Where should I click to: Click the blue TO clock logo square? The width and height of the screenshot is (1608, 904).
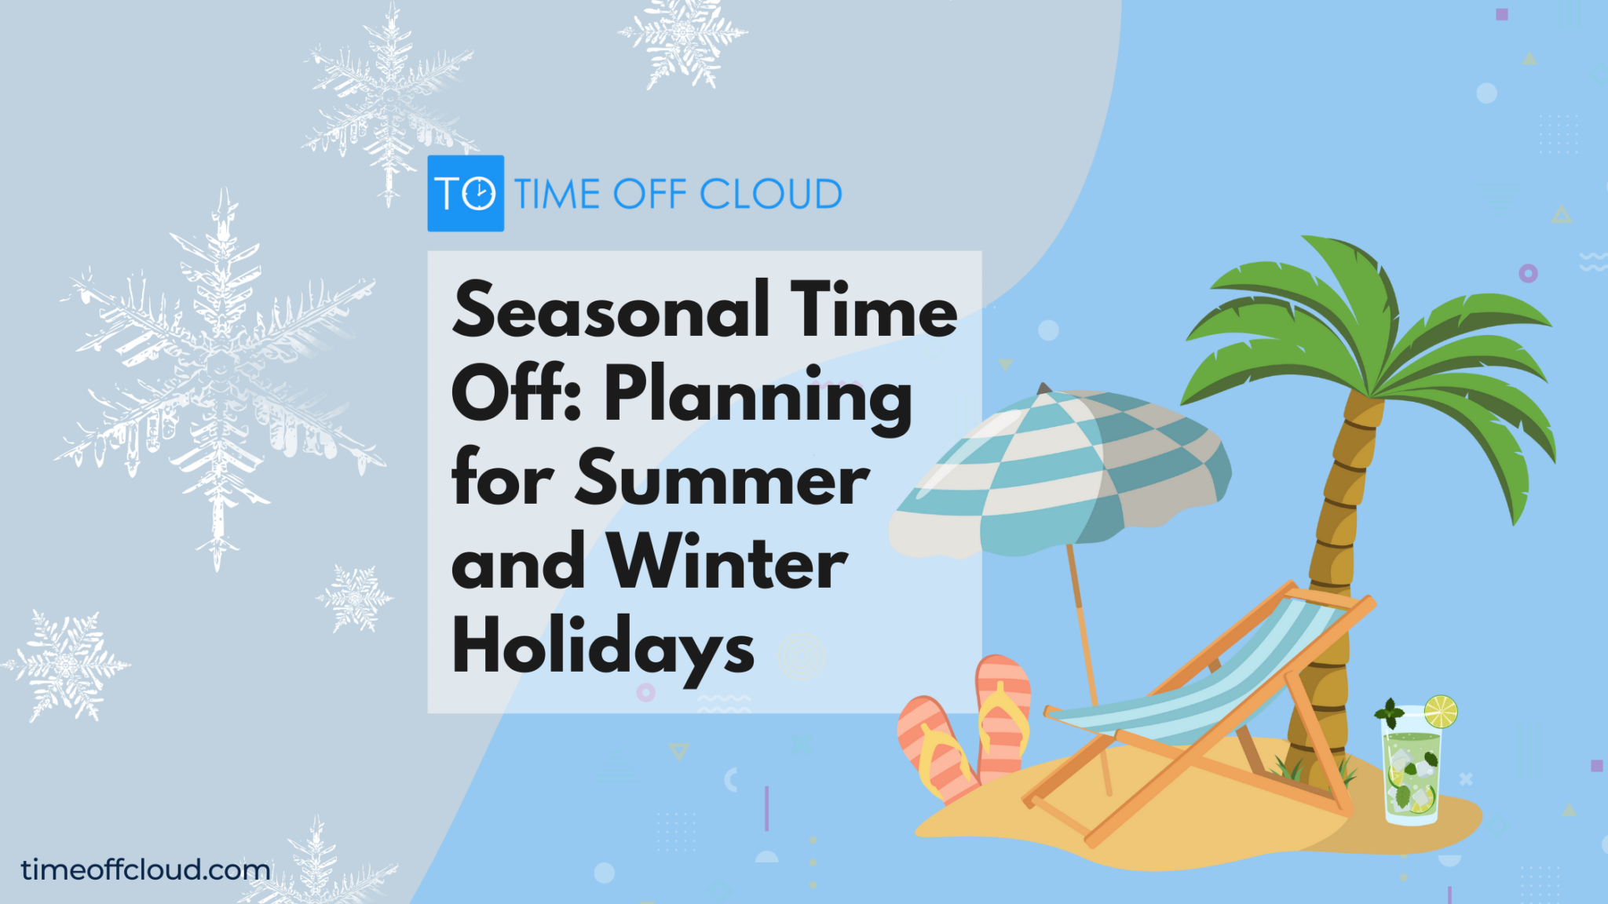point(466,193)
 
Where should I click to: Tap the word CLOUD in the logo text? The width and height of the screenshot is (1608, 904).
point(770,194)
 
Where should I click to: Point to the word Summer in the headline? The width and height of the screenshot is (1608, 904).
point(722,480)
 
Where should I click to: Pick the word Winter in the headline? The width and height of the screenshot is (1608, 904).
point(728,563)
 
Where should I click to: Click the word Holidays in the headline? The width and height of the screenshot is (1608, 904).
point(603,648)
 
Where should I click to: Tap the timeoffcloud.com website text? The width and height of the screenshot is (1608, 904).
point(146,869)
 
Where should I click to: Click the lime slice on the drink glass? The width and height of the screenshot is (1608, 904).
point(1441,712)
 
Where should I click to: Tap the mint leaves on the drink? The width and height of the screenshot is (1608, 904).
point(1390,713)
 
